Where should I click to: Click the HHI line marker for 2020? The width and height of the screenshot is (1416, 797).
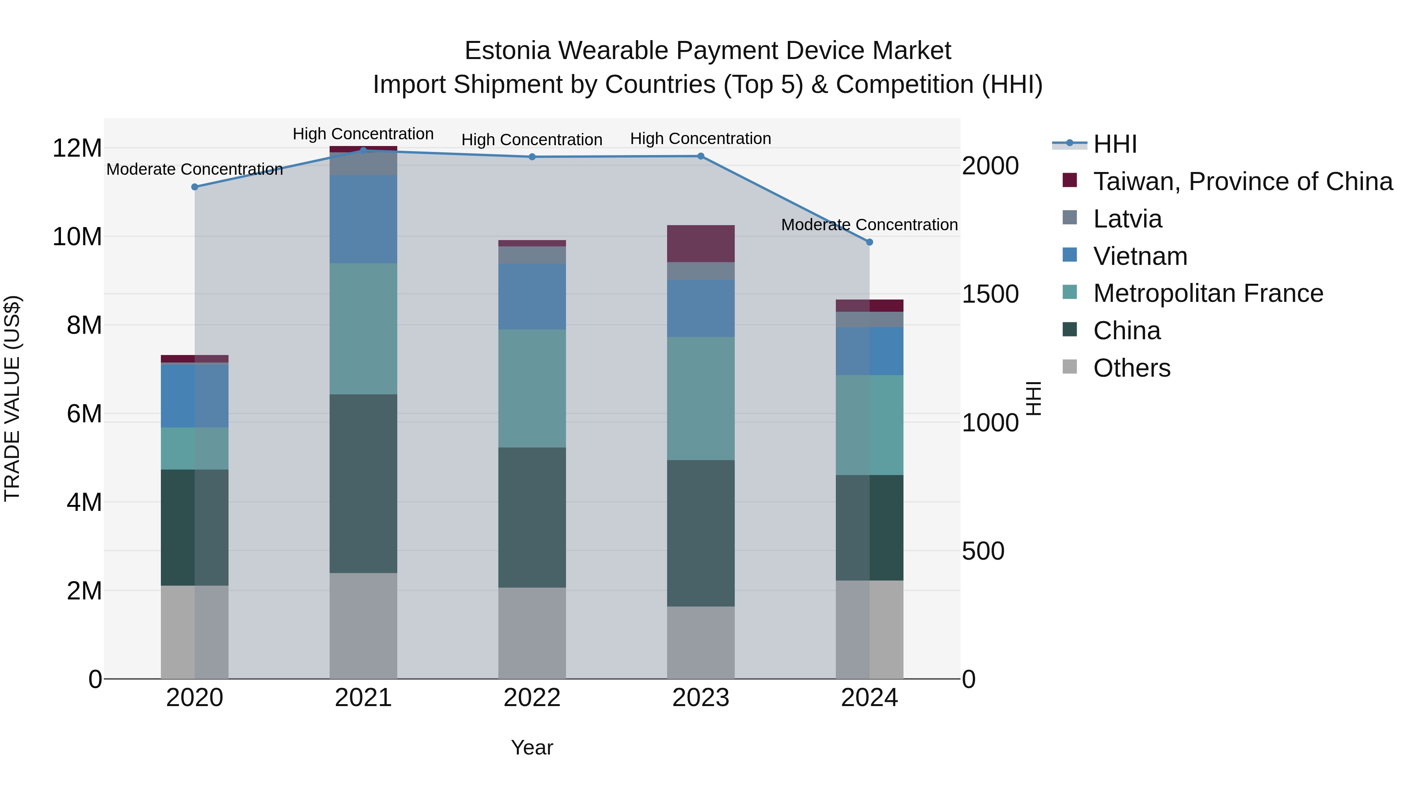195,187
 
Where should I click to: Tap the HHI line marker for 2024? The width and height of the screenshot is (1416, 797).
869,242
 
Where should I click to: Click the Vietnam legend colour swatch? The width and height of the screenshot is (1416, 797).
1070,255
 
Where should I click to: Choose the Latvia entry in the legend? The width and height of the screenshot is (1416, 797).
1127,219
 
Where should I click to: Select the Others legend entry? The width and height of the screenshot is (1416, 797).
1131,368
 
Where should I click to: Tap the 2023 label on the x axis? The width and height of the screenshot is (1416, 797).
700,698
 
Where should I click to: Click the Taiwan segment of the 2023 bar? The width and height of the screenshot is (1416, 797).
700,244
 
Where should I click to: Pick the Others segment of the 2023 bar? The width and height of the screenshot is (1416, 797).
700,642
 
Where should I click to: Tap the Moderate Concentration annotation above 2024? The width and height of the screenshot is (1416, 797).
869,225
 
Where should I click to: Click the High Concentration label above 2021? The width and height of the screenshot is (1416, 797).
363,134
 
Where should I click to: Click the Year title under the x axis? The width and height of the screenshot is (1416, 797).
531,747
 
